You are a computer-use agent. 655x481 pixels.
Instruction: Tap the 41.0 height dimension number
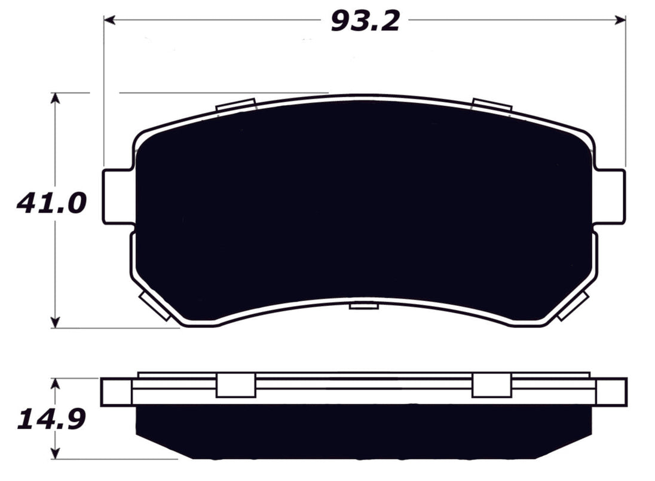(x=52, y=204)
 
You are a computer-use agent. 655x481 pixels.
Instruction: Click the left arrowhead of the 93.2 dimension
(x=109, y=20)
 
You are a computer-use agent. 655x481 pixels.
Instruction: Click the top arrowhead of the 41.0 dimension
(x=55, y=98)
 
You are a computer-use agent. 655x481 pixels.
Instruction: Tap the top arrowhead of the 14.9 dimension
(x=55, y=384)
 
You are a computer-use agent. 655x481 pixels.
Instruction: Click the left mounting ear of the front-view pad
(x=117, y=197)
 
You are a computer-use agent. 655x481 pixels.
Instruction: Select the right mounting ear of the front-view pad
(x=611, y=197)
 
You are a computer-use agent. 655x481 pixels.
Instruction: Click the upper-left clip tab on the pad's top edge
(x=237, y=105)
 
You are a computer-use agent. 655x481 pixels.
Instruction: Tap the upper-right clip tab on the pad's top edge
(x=492, y=105)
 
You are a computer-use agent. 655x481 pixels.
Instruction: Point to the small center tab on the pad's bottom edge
(x=365, y=306)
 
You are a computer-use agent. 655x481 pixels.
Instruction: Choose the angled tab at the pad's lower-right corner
(x=573, y=306)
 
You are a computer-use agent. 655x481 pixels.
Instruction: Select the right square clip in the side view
(x=492, y=385)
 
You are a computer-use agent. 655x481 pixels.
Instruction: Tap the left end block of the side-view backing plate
(x=116, y=391)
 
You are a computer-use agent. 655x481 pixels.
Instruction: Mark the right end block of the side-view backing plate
(x=611, y=391)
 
